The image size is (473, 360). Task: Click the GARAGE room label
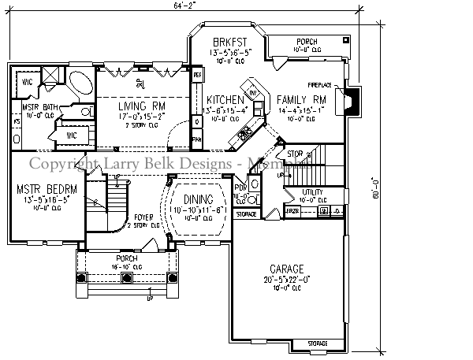pyautogui.click(x=287, y=269)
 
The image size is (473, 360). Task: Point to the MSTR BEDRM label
pyautogui.click(x=44, y=189)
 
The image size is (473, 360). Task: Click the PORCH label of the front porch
pyautogui.click(x=125, y=258)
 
